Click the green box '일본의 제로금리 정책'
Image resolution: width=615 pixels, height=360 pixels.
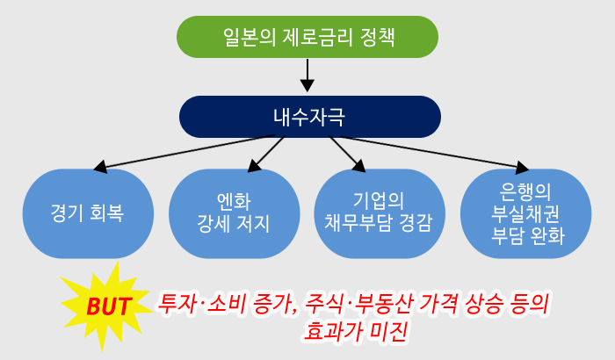pyautogui.click(x=307, y=38)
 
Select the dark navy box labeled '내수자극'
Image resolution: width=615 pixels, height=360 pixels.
pyautogui.click(x=307, y=116)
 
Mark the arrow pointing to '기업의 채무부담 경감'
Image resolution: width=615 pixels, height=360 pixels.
pyautogui.click(x=348, y=153)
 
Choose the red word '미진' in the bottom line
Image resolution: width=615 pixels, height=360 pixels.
pyautogui.click(x=392, y=332)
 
